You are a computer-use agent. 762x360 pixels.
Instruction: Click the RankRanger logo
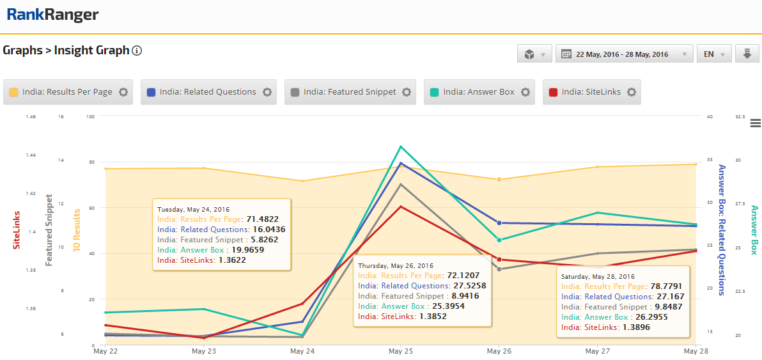[52, 14]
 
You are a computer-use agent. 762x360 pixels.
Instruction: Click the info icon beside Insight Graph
[137, 51]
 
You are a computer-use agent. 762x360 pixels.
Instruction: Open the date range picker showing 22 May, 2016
[625, 54]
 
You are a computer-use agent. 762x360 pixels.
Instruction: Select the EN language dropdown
[713, 54]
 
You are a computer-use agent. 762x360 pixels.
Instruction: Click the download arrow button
[746, 54]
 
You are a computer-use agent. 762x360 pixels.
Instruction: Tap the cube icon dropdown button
[534, 54]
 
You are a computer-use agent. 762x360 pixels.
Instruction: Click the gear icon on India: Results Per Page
[123, 92]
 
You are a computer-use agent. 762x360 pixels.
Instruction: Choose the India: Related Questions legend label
[208, 92]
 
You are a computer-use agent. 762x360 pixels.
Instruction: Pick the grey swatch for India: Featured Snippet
[295, 92]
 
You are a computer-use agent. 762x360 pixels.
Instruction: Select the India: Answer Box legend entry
[479, 92]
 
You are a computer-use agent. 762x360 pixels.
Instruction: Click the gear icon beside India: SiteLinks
[632, 92]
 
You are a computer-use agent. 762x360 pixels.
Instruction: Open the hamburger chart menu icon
[755, 123]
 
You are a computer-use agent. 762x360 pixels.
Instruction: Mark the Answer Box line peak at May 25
[400, 146]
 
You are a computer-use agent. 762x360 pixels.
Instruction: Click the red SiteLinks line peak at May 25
[400, 207]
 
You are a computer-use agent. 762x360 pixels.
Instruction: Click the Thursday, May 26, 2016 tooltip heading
[396, 265]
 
